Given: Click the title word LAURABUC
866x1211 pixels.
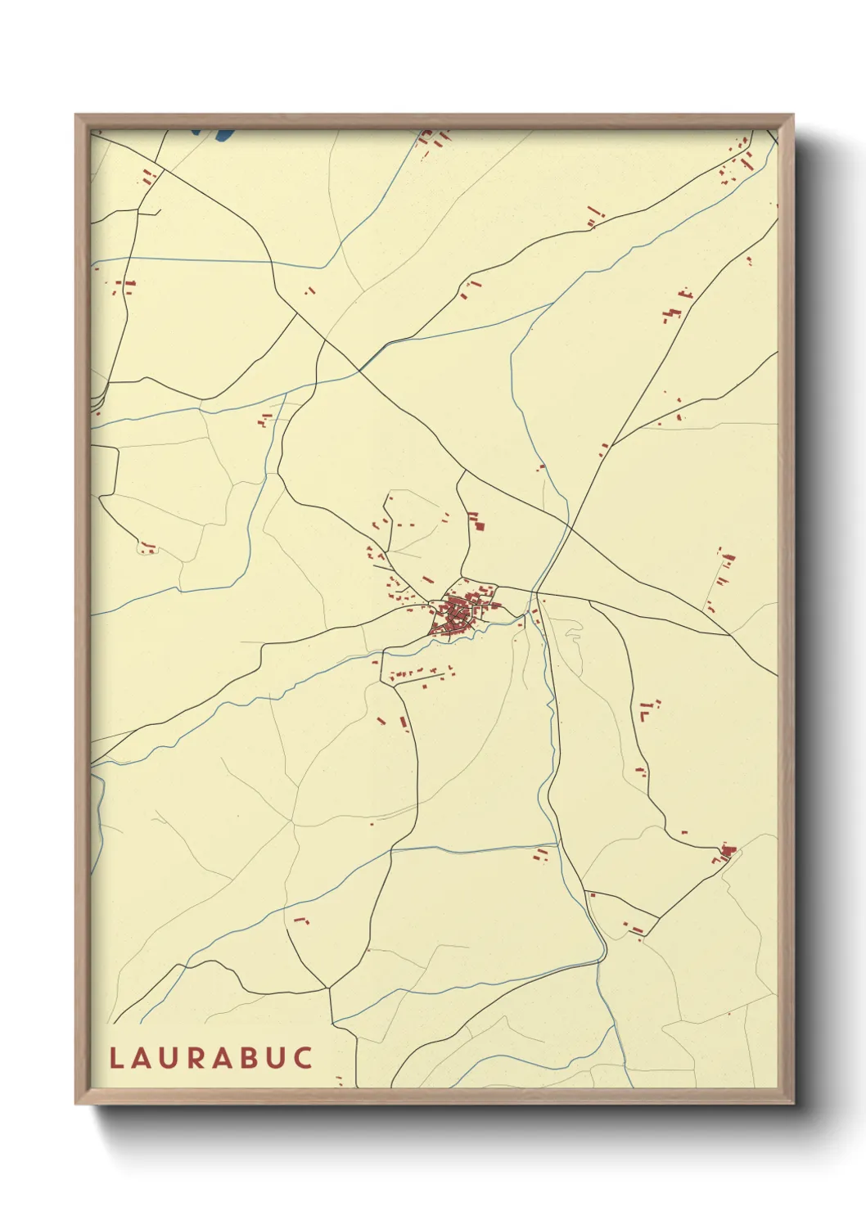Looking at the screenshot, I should [x=211, y=1057].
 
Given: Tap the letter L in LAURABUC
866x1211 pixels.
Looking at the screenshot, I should [x=116, y=1057].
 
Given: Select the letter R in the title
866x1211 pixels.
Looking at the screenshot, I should [x=198, y=1057].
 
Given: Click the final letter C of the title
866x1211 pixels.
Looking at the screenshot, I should [x=304, y=1057].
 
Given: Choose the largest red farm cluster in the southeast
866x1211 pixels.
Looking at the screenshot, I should [x=724, y=854].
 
